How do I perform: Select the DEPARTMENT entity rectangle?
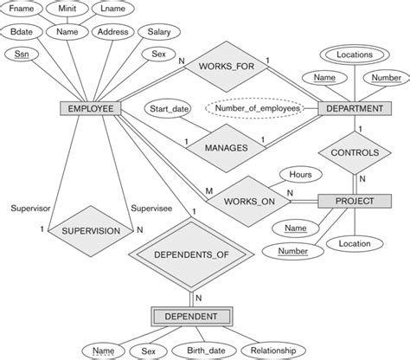356,110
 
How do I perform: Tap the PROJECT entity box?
355,201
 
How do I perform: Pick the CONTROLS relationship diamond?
355,153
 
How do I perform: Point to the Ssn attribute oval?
22,55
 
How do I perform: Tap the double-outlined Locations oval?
356,54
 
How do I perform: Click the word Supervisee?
152,208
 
